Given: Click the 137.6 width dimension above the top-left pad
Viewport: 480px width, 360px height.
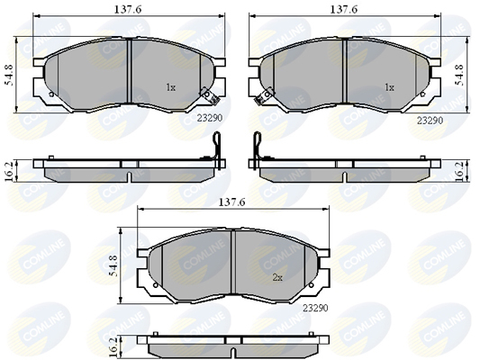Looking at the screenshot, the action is click(128, 10).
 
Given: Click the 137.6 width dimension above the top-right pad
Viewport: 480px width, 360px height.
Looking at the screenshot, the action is click(343, 10).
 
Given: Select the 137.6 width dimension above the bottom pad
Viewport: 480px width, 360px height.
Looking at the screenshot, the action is click(232, 202).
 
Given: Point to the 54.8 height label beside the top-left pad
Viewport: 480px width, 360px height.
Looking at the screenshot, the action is click(10, 76).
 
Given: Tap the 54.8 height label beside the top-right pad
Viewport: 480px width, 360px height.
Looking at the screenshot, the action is click(460, 76).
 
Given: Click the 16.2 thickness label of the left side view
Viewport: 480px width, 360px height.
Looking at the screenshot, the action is click(10, 171).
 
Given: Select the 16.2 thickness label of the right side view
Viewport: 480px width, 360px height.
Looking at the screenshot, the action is click(460, 171).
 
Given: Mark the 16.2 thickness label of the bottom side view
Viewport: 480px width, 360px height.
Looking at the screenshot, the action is click(113, 347).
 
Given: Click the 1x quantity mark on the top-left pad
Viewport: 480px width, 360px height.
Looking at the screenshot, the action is click(170, 88).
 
